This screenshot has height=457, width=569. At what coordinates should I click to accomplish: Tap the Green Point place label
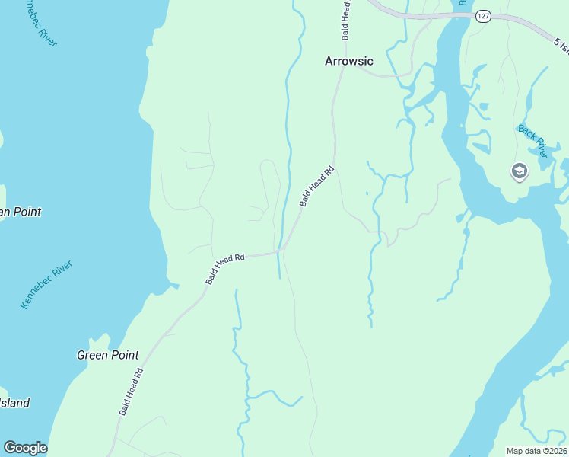(108, 355)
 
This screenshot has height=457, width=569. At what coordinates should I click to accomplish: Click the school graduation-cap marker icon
(520, 171)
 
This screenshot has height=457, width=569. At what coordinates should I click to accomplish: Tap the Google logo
(25, 448)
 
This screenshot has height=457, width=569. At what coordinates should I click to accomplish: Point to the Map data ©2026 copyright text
(537, 451)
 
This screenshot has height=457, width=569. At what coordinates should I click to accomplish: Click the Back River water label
(532, 141)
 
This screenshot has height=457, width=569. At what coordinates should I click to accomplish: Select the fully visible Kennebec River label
(47, 284)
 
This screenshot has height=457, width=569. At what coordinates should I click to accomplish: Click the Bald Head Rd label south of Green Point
(131, 392)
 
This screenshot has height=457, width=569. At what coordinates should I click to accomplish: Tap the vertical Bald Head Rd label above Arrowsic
(346, 21)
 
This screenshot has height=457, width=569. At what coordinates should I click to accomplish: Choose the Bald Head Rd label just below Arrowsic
(316, 187)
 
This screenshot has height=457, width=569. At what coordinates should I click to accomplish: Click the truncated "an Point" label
(20, 212)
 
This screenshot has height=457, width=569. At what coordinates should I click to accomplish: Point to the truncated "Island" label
(14, 402)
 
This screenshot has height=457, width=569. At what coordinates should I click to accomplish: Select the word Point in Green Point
(125, 355)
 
